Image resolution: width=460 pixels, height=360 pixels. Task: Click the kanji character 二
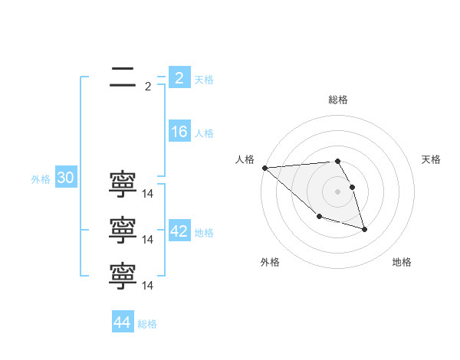123,77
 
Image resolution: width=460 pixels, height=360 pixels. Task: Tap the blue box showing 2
179,78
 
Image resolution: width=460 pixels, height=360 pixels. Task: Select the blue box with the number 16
179,132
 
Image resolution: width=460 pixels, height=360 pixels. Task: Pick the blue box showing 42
179,231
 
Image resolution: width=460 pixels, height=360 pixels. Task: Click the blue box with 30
65,178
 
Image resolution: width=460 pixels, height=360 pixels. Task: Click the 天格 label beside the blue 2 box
204,80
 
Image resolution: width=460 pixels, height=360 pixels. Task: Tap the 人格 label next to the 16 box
204,133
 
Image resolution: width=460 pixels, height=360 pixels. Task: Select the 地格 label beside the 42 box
204,233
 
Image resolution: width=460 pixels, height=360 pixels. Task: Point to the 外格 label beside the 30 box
41,179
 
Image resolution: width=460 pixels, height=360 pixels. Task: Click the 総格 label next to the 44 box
147,324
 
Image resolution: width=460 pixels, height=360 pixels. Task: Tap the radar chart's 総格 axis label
337,100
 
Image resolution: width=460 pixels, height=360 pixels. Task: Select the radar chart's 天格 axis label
432,159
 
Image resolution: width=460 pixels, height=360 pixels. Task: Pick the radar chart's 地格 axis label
402,262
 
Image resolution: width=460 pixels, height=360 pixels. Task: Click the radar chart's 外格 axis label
270,262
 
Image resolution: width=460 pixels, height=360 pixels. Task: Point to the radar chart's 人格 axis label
245,159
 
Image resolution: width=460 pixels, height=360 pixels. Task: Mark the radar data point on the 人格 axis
264,168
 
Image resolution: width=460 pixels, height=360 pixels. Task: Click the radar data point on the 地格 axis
364,229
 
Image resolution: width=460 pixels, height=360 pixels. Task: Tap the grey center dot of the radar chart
337,191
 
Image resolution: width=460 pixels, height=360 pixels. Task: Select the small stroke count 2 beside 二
148,87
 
